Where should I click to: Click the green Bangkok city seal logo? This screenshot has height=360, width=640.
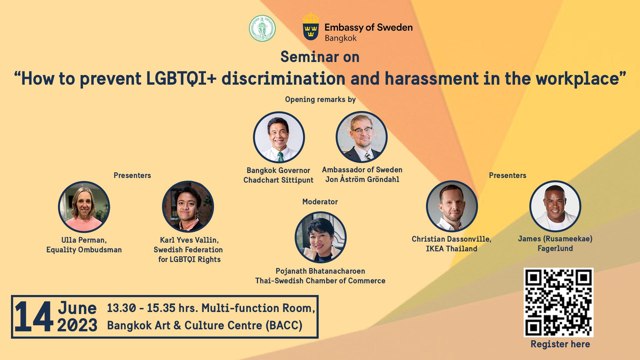click(x=262, y=28)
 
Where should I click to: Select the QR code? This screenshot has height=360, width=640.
click(x=558, y=302)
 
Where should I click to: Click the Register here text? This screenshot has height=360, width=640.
click(x=560, y=344)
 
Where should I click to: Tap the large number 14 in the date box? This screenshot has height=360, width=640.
click(x=34, y=316)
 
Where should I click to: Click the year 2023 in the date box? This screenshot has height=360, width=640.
click(x=77, y=325)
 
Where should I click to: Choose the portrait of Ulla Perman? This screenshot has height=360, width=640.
click(x=84, y=207)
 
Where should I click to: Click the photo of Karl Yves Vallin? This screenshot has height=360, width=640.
click(x=188, y=207)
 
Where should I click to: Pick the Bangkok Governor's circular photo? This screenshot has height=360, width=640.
click(x=279, y=137)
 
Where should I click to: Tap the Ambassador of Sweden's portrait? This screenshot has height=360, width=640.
click(x=362, y=137)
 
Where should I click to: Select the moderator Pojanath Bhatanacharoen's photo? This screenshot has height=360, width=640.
click(x=321, y=237)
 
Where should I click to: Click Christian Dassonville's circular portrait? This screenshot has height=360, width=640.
click(x=452, y=206)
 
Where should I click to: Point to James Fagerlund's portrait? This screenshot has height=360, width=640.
click(x=555, y=206)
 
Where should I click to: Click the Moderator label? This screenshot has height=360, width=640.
click(x=320, y=202)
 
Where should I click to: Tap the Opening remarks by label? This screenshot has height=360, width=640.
click(x=320, y=99)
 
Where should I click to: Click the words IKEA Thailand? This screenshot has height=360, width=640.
click(x=452, y=249)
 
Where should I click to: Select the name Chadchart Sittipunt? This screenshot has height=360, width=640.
click(x=278, y=180)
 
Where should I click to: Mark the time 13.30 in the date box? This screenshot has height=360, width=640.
click(x=121, y=308)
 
